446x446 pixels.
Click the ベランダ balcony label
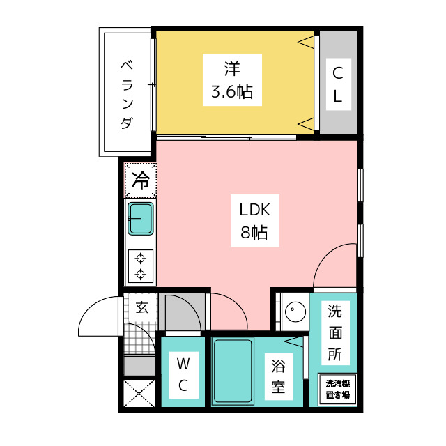pyautogui.click(x=127, y=95)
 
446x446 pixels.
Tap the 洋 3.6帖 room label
pyautogui.click(x=232, y=80)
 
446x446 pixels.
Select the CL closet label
pyautogui.click(x=338, y=84)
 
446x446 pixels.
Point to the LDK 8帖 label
pyautogui.click(x=254, y=220)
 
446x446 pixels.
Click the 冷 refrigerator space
pyautogui.click(x=141, y=180)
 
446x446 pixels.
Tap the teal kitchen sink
pyautogui.click(x=141, y=218)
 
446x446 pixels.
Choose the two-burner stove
pyautogui.click(x=141, y=266)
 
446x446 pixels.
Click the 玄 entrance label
pyautogui.click(x=141, y=307)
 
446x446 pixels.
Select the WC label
pyautogui.click(x=183, y=375)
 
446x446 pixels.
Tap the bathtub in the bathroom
pyautogui.click(x=233, y=371)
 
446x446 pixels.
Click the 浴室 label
pyautogui.click(x=278, y=376)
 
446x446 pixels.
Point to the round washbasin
pyautogui.click(x=295, y=312)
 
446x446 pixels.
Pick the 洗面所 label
pyautogui.click(x=335, y=333)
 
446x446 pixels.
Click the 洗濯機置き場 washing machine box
pyautogui.click(x=337, y=389)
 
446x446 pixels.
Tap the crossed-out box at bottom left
pyautogui.click(x=139, y=393)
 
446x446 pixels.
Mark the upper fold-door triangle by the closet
pyautogui.click(x=306, y=43)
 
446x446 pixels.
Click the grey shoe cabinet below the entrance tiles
pyautogui.click(x=139, y=365)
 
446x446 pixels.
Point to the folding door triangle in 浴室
pyautogui.click(x=294, y=341)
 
